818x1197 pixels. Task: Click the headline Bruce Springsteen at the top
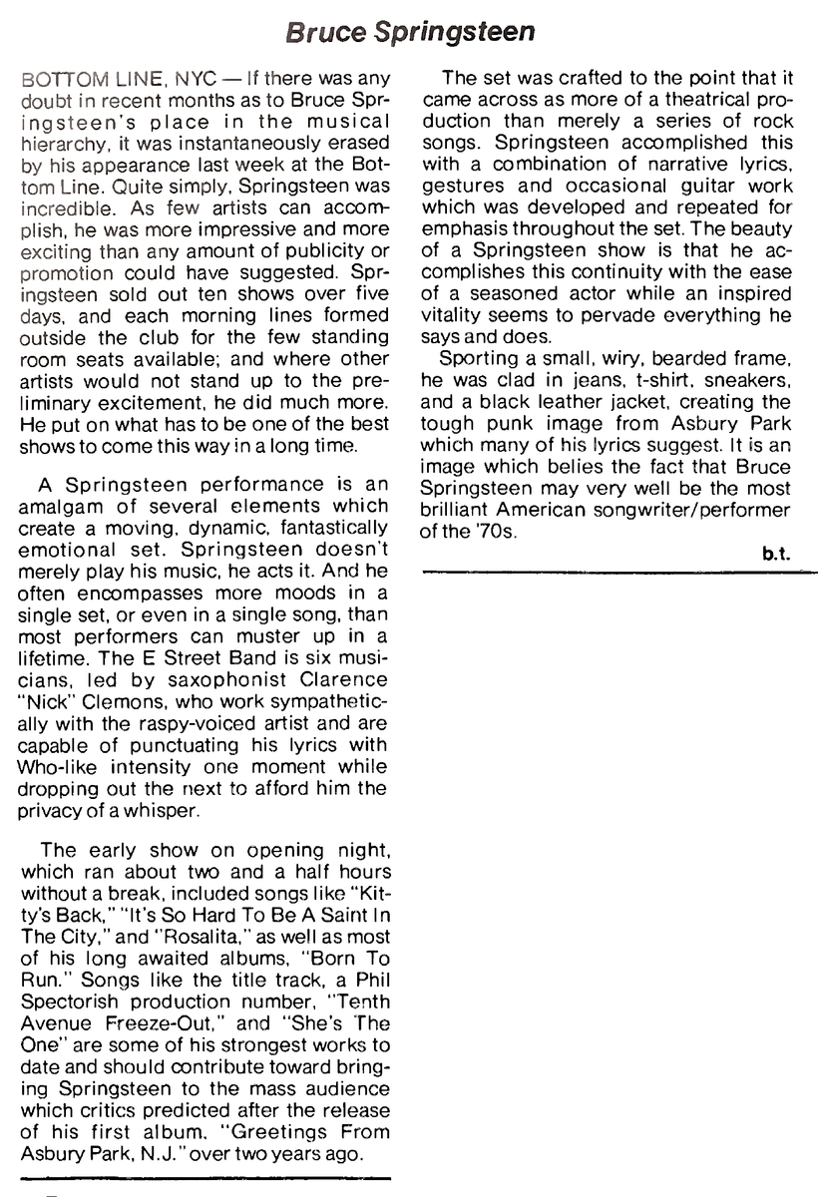tap(409, 32)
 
